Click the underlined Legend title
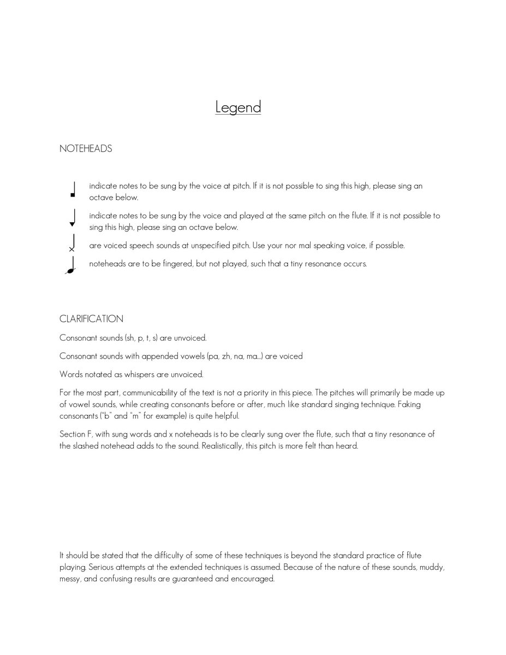click(238, 106)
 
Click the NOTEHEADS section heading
click(86, 148)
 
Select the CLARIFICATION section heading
click(91, 319)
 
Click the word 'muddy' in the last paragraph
click(431, 567)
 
